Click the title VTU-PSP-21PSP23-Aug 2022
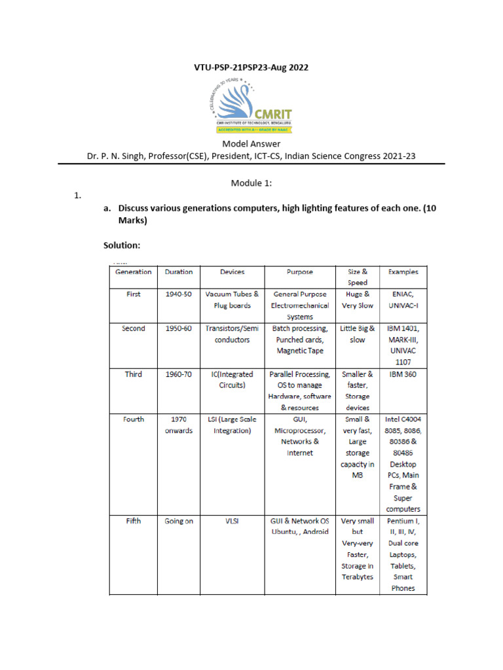(251, 67)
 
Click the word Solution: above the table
(122, 246)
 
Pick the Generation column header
(133, 272)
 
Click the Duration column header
(179, 272)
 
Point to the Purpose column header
(299, 272)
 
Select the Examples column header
(403, 272)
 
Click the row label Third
(133, 374)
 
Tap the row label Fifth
(133, 521)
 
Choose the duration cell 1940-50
(179, 294)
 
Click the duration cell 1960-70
(179, 374)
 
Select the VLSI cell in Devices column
(232, 521)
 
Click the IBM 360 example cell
(403, 374)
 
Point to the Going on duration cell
(179, 521)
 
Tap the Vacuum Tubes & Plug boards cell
(232, 300)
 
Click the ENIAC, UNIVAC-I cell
(403, 300)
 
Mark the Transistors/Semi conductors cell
(232, 334)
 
